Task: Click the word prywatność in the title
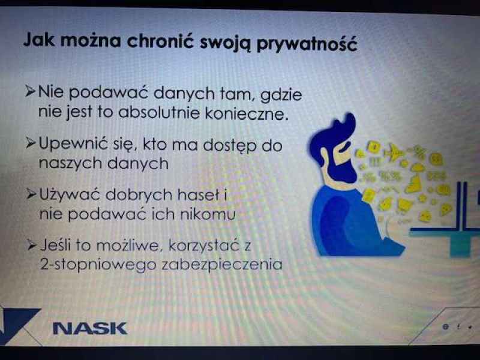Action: click(x=307, y=43)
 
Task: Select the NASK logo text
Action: click(x=90, y=328)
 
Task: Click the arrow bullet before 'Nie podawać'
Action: click(x=31, y=91)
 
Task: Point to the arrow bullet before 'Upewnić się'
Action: click(x=31, y=143)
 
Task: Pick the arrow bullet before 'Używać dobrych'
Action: click(x=32, y=194)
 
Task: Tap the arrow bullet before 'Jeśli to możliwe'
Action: click(x=32, y=245)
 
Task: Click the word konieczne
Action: click(x=247, y=113)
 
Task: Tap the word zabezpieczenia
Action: click(x=221, y=264)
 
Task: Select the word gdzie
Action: click(x=281, y=95)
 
